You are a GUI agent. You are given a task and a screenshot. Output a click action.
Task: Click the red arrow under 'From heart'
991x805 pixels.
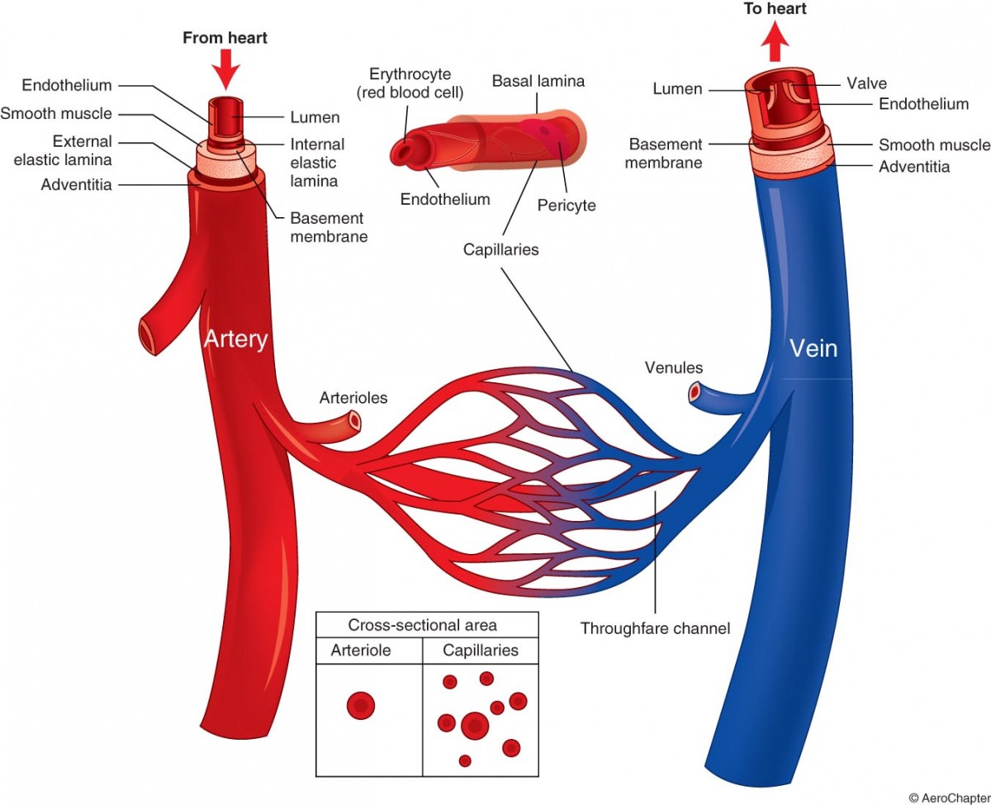(225, 69)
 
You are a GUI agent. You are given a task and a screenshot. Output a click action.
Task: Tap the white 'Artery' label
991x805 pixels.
(235, 339)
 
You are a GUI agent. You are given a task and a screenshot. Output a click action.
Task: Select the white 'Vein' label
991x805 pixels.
(813, 348)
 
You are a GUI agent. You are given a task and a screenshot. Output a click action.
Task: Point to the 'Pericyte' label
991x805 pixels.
(567, 205)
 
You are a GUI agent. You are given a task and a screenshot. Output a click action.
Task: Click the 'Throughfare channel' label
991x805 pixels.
(655, 628)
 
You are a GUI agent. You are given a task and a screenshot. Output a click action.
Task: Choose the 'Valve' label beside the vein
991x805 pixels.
(866, 83)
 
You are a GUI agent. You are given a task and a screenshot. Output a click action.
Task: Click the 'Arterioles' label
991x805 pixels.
(353, 398)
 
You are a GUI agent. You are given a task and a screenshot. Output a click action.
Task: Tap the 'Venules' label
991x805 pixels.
(674, 367)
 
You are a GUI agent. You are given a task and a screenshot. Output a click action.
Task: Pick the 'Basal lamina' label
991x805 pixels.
(538, 81)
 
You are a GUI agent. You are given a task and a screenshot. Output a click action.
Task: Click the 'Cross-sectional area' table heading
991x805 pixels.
(423, 625)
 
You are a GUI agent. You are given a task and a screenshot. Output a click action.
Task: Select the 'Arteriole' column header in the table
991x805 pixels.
(361, 651)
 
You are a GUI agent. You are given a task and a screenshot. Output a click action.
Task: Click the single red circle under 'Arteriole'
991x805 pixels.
(361, 705)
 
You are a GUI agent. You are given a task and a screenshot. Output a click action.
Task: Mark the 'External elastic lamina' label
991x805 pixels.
(64, 150)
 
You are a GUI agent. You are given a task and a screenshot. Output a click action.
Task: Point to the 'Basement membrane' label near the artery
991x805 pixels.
(327, 227)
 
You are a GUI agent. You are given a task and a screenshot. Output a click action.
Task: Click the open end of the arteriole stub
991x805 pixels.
(355, 421)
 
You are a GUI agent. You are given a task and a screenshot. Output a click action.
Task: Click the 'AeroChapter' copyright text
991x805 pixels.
(949, 798)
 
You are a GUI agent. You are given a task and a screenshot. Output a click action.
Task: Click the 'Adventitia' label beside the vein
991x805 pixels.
(914, 167)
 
